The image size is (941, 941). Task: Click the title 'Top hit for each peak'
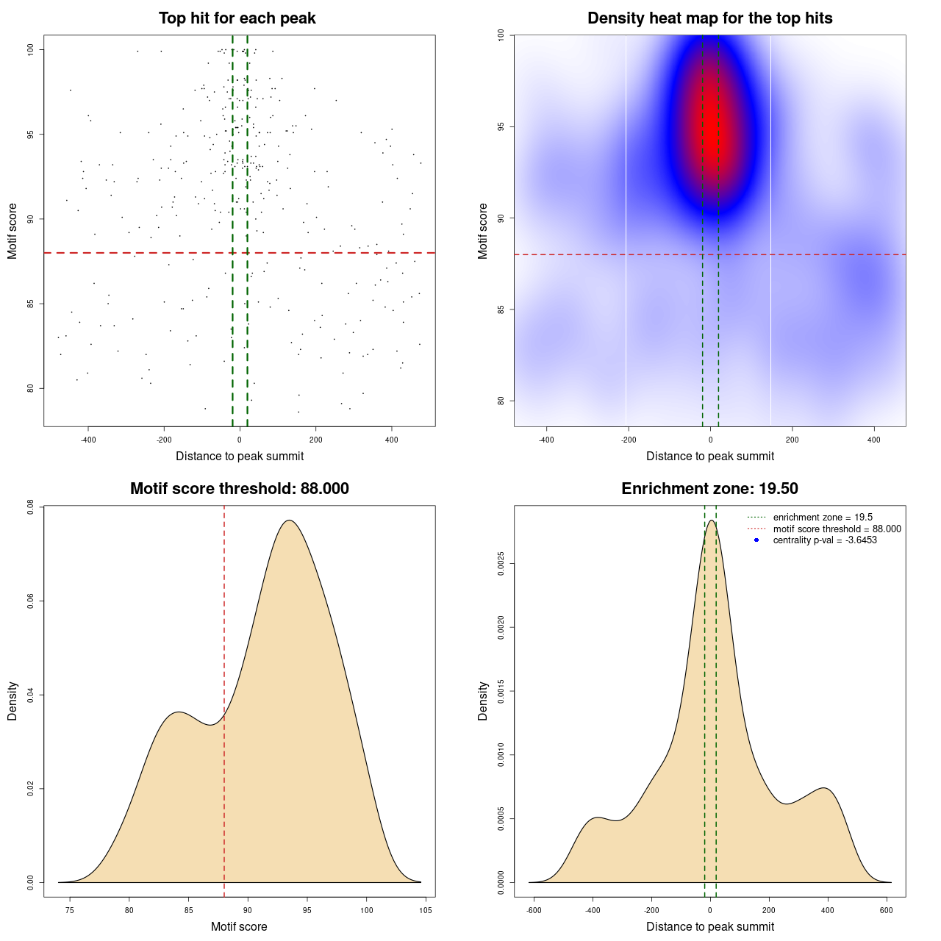(237, 18)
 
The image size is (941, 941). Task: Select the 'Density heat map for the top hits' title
(709, 18)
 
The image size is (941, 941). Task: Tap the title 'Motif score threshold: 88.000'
(239, 489)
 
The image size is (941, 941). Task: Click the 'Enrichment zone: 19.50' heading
(709, 489)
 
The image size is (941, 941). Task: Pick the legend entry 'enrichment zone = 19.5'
(823, 518)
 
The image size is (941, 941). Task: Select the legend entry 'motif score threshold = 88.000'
(837, 529)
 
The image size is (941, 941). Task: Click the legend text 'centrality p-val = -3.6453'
(825, 540)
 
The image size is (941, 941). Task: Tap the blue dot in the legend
(756, 540)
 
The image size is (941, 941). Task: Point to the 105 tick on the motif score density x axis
(426, 910)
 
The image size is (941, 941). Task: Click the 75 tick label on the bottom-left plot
(70, 910)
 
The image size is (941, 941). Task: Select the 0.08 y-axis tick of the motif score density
(30, 507)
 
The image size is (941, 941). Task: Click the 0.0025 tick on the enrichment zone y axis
(501, 564)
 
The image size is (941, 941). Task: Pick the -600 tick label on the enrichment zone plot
(534, 910)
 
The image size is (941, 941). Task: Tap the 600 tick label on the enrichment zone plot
(887, 910)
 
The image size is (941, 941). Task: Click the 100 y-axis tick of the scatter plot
(30, 49)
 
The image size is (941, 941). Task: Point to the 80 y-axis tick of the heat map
(501, 401)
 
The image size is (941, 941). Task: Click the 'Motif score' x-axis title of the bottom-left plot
(239, 926)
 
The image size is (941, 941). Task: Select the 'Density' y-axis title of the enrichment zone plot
(483, 701)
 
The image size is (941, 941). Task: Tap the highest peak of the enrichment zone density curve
(711, 520)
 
